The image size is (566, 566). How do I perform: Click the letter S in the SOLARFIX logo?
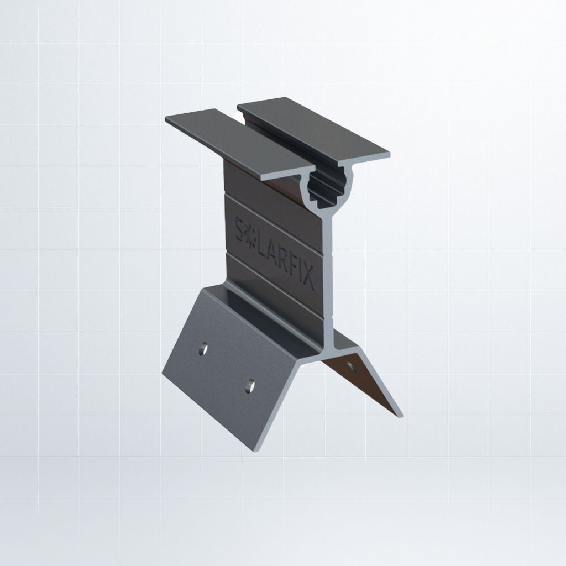(240, 229)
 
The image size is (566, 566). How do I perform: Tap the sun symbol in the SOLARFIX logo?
(250, 237)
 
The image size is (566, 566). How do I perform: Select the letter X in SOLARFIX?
(306, 276)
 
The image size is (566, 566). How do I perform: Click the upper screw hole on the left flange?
(203, 349)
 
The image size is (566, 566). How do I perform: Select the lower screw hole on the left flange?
(249, 386)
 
